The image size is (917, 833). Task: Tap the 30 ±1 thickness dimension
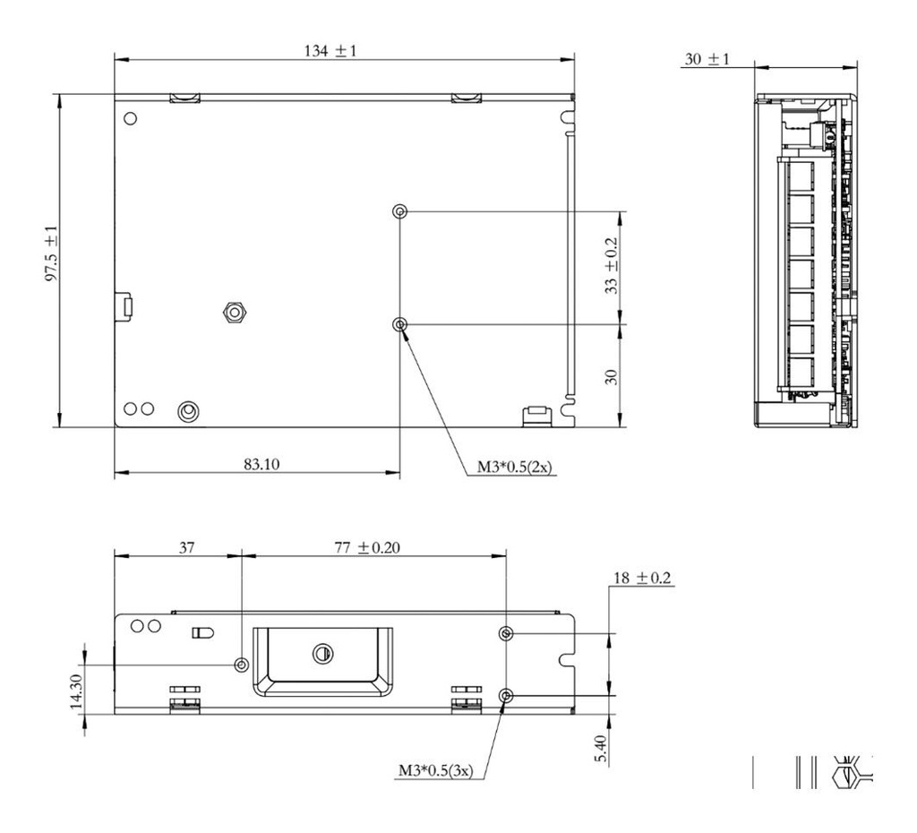(x=707, y=59)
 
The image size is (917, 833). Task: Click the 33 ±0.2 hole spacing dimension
(x=611, y=267)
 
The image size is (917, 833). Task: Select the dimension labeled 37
(x=185, y=548)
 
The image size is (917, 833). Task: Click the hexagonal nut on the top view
(x=234, y=311)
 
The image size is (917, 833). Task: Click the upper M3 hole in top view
(x=400, y=211)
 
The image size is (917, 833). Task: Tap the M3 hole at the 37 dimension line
(x=241, y=665)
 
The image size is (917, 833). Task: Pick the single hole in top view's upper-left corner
(x=131, y=118)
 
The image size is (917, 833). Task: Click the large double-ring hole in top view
(x=188, y=410)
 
